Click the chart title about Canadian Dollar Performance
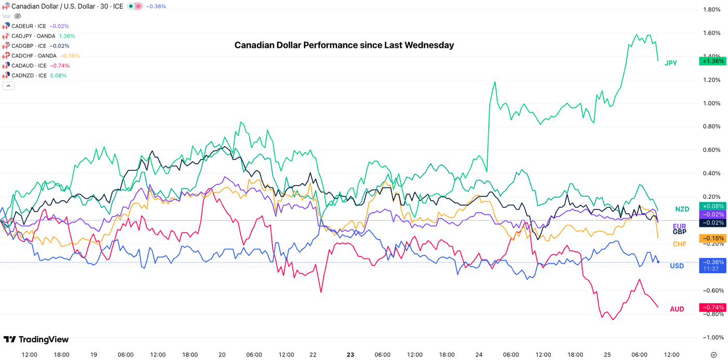344,45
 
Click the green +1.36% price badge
712,61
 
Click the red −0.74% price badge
712,308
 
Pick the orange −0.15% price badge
712,239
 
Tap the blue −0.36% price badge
712,263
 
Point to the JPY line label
671,63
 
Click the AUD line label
677,310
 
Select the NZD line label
682,209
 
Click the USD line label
677,266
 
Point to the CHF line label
679,245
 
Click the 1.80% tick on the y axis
711,9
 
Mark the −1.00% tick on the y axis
711,338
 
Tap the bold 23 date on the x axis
350,355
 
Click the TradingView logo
36,340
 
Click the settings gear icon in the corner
713,355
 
